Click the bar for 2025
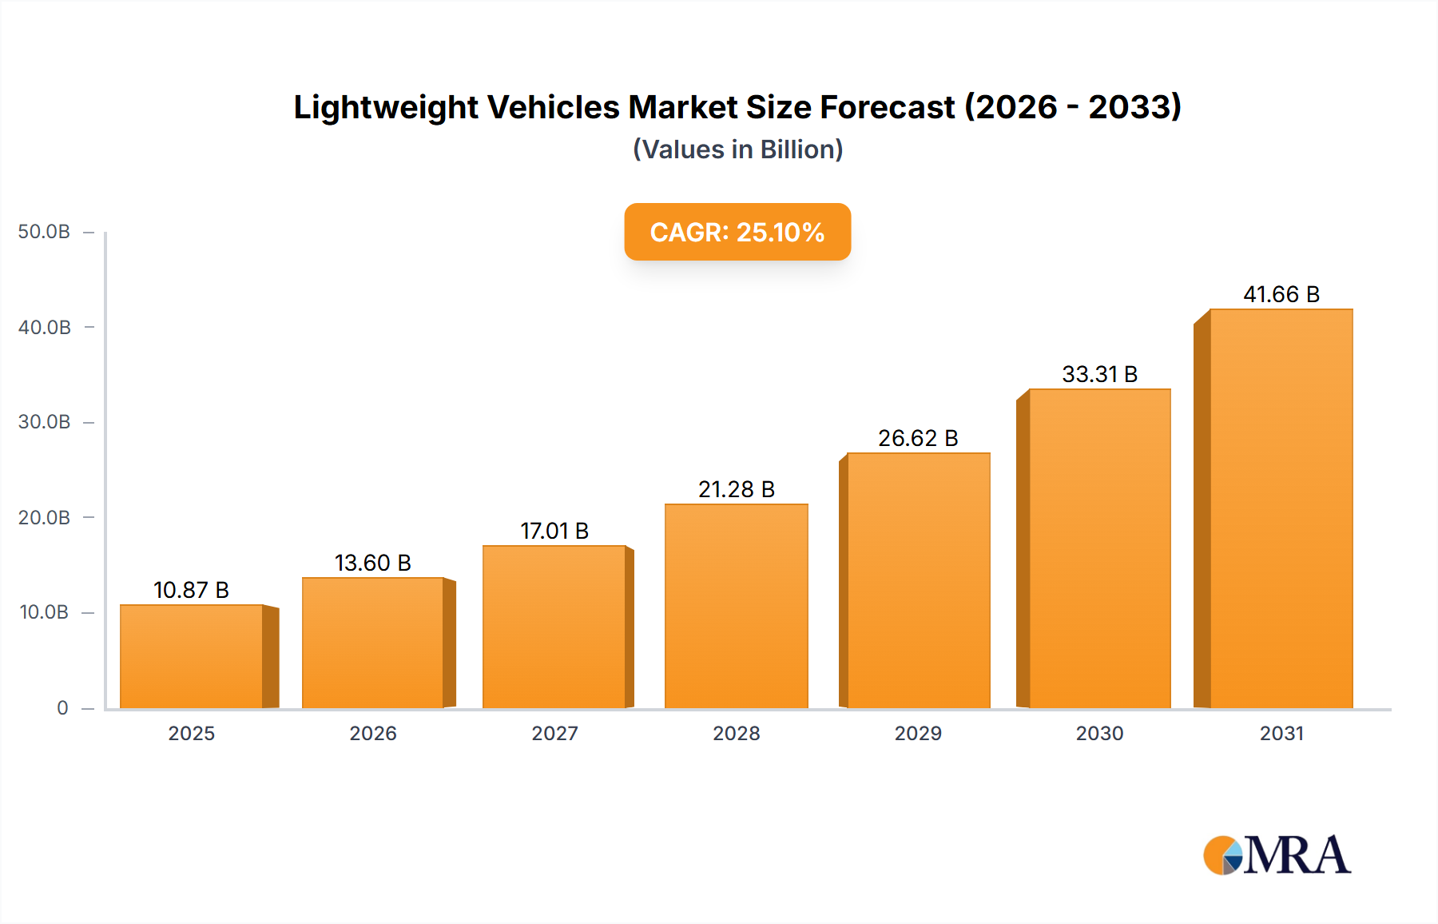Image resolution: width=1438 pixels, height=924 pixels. (x=192, y=656)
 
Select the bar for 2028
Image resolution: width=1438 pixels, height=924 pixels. (x=736, y=606)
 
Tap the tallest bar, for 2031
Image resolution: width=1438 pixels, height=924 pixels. (x=1281, y=508)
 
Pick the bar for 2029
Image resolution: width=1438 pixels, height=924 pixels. (x=918, y=580)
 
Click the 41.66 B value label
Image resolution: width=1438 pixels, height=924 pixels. (x=1281, y=294)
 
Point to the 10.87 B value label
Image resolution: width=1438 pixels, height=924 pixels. (x=191, y=590)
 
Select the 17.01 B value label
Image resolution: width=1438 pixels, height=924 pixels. (x=554, y=531)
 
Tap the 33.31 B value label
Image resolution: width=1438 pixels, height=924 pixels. (x=1099, y=374)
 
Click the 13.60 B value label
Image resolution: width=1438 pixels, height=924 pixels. (x=372, y=563)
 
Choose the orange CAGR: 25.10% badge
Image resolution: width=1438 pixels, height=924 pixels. (x=737, y=232)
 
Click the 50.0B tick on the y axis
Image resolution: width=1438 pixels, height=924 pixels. (x=44, y=232)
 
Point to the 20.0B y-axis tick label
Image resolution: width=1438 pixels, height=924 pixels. (x=44, y=517)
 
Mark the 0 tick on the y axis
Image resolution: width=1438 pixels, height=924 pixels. (x=62, y=707)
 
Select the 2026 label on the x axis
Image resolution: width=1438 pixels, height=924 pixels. (x=372, y=733)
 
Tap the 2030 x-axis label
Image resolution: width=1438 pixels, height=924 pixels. (x=1099, y=733)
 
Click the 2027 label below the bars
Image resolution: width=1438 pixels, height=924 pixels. (x=554, y=733)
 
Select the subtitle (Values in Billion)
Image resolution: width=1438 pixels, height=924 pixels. (x=737, y=149)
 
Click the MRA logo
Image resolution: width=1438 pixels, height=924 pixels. (x=1277, y=854)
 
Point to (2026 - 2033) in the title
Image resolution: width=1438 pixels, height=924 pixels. (x=1072, y=107)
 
